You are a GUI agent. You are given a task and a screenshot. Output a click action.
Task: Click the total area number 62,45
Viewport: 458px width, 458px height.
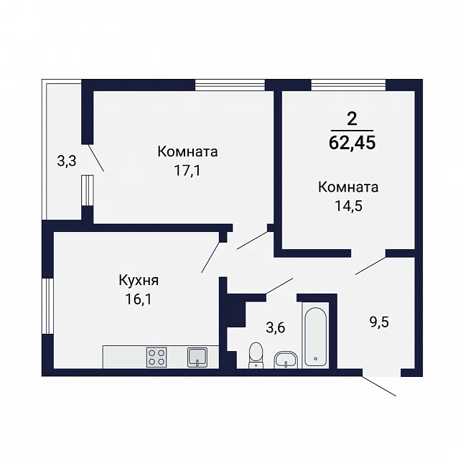pyautogui.click(x=352, y=144)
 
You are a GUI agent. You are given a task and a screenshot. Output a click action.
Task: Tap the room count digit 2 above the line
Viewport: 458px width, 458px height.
pyautogui.click(x=352, y=119)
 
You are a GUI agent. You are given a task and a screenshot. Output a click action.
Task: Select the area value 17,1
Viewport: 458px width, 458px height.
pyautogui.click(x=187, y=171)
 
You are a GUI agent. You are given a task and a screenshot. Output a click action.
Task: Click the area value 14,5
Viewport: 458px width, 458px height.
pyautogui.click(x=348, y=206)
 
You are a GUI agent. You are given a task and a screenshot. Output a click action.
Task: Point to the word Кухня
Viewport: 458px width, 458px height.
pyautogui.click(x=139, y=281)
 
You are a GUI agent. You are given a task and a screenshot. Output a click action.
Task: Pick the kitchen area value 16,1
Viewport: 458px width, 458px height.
pyautogui.click(x=139, y=299)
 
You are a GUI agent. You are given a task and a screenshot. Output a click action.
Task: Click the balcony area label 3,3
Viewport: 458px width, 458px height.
pyautogui.click(x=67, y=161)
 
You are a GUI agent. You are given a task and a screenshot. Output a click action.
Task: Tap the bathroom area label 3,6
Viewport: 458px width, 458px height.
pyautogui.click(x=276, y=327)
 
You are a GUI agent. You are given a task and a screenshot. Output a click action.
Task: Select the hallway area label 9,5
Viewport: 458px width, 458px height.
pyautogui.click(x=379, y=322)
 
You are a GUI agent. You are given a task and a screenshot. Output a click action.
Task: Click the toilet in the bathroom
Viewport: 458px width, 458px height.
pyautogui.click(x=256, y=355)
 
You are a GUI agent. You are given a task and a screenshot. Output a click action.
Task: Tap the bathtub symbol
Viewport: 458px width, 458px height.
pyautogui.click(x=315, y=337)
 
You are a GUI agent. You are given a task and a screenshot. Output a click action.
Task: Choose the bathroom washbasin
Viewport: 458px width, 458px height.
pyautogui.click(x=286, y=360)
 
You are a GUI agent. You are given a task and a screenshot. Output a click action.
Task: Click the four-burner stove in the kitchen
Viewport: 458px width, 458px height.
pyautogui.click(x=156, y=357)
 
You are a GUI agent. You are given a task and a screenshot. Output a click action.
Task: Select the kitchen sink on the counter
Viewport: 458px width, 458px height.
pyautogui.click(x=197, y=357)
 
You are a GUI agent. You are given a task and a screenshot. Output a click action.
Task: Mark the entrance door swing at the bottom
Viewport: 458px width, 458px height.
pyautogui.click(x=379, y=385)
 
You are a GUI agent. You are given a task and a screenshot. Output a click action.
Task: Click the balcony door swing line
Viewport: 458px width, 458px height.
pyautogui.click(x=95, y=157)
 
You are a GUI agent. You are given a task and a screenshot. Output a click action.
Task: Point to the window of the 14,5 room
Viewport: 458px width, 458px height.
pyautogui.click(x=348, y=85)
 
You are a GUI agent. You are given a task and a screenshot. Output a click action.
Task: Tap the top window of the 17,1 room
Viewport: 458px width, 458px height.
pyautogui.click(x=230, y=85)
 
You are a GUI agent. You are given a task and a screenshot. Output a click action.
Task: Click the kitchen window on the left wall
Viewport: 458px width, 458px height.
pyautogui.click(x=48, y=306)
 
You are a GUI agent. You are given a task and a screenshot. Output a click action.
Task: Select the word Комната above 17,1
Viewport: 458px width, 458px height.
pyautogui.click(x=187, y=152)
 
